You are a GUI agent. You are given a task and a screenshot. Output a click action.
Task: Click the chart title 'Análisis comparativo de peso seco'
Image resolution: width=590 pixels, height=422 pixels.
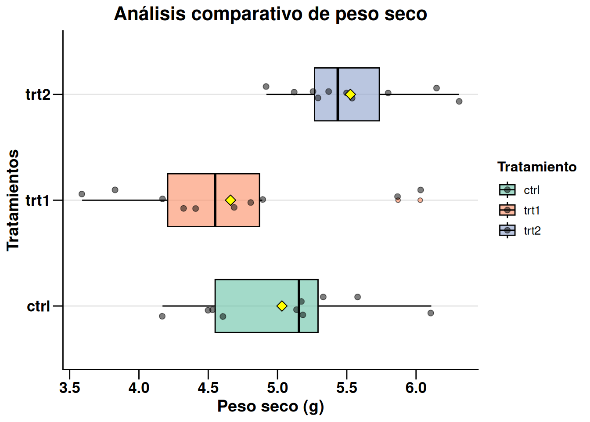pos(270,14)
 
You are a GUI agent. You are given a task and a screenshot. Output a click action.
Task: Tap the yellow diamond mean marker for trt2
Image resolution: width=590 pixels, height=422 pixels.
pos(350,94)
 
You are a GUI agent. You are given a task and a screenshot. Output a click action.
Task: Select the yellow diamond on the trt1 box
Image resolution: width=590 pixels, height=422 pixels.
pos(230,200)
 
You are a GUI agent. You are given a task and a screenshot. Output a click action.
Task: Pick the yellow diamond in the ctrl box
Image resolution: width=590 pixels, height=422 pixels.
pos(282,306)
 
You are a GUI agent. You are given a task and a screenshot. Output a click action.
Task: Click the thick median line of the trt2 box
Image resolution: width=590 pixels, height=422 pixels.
pos(338,94)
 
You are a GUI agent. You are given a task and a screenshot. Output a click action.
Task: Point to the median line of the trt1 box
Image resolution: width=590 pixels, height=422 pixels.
pos(215,200)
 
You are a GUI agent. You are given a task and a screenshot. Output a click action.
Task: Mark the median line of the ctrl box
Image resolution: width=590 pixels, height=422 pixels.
pos(299,306)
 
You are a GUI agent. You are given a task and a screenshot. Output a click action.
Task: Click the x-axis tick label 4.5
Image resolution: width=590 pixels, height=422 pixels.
pos(208,388)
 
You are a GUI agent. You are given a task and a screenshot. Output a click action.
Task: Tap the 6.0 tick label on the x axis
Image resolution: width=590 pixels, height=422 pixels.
pos(416,388)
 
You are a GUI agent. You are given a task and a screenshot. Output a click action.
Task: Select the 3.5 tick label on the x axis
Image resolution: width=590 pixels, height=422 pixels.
pos(69,388)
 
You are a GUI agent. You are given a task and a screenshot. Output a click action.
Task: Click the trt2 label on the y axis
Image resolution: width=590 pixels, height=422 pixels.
pos(38,94)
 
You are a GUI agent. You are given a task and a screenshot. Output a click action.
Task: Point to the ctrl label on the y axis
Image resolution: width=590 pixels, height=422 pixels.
pos(39,306)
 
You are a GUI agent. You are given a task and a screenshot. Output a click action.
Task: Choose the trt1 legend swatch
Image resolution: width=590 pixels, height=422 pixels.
pos(507,210)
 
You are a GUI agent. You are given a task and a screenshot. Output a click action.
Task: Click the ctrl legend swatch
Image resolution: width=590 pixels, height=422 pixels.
pos(507,190)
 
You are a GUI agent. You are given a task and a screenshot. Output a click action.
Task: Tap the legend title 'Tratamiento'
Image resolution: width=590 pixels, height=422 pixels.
pos(537,167)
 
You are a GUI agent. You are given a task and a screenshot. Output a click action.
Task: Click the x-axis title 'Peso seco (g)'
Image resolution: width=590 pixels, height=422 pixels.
pos(270,407)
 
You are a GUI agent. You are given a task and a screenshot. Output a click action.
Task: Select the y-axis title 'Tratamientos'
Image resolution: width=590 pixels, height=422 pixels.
pos(13,200)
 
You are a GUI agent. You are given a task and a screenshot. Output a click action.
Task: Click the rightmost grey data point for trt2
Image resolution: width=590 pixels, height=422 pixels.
pos(459,101)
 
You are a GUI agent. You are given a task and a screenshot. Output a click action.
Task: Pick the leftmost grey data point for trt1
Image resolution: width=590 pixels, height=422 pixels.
pos(82,194)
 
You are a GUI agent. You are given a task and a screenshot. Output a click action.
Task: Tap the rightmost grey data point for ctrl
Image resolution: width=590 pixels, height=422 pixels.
pos(431,313)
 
